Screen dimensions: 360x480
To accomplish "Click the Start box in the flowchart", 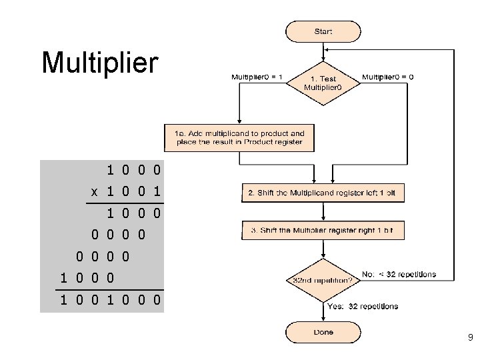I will point(323,31).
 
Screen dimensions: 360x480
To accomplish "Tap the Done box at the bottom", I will point(323,332).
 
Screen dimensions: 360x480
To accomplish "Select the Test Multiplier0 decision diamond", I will point(323,84).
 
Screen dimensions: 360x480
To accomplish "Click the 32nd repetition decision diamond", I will point(323,281).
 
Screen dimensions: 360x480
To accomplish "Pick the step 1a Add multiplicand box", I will point(239,137).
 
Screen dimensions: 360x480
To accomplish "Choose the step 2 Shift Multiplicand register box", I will point(323,193).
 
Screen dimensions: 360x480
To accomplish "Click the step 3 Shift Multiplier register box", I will point(323,231).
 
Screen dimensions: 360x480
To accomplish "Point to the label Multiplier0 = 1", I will point(257,77).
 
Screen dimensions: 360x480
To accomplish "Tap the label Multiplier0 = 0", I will point(387,77).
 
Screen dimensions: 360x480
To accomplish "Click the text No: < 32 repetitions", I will point(399,274).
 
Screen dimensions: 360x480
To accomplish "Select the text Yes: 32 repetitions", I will point(363,307).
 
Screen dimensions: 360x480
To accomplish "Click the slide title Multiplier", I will point(100,63).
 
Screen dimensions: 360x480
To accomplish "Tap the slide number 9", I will point(469,339).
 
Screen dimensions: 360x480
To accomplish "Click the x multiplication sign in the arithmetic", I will point(95,192).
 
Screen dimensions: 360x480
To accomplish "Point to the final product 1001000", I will point(111,300).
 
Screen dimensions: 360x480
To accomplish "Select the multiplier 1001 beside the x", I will point(133,192).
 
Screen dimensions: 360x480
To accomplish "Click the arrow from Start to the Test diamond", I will point(323,52).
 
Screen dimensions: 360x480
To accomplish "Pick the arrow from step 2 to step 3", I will point(323,212).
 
